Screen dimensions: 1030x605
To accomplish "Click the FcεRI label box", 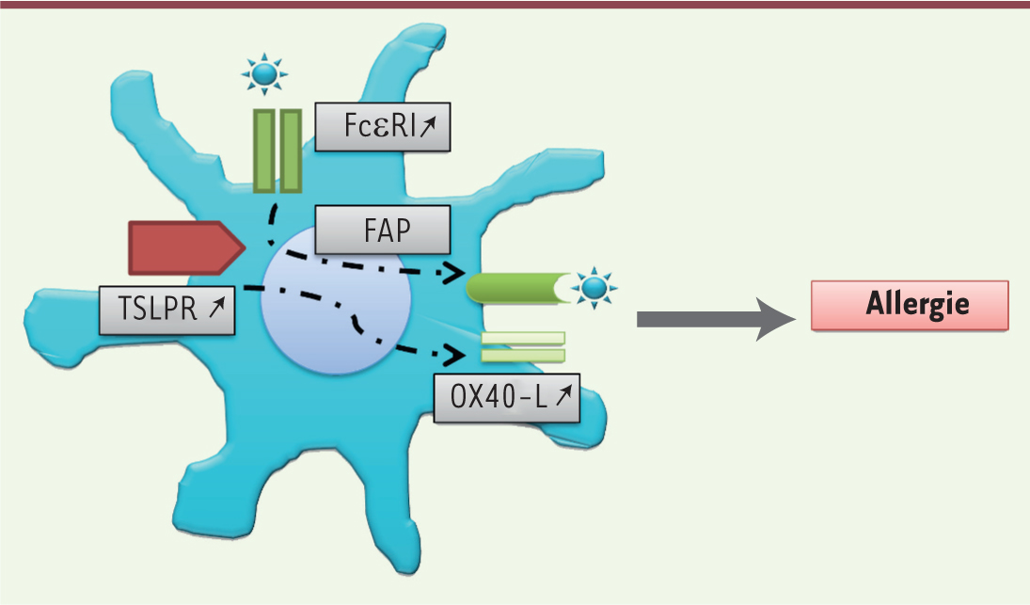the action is coord(383,127).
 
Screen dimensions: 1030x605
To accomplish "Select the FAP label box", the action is coord(383,230).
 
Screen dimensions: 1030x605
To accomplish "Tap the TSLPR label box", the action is coord(166,310).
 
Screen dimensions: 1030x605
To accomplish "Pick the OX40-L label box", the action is coord(506,398).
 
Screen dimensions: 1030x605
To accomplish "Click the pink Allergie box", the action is coord(910,306).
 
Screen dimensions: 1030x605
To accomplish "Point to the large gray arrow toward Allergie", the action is coord(716,319).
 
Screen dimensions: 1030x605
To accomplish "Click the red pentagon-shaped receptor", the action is coord(187,247).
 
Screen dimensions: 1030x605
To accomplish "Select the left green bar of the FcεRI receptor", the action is coord(264,151).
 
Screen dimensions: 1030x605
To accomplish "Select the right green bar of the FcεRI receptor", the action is coord(291,151).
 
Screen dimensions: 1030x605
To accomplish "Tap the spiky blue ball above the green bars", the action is coord(264,73).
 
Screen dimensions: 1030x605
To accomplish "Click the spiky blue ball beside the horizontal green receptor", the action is coord(594,288).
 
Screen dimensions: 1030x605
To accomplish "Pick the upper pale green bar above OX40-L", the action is coord(523,339).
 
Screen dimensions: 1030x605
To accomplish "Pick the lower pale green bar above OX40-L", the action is coord(523,356).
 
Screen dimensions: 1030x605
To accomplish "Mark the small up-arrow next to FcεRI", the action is coord(428,126).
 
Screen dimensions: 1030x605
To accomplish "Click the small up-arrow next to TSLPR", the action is coord(216,307).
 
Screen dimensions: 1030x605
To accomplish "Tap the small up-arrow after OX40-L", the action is coord(563,395).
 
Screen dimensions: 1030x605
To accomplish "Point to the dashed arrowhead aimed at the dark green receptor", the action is coord(454,273).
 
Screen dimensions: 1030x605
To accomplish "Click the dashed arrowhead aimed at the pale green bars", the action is coord(454,355).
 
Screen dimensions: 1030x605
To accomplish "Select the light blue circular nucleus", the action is coord(337,301).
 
